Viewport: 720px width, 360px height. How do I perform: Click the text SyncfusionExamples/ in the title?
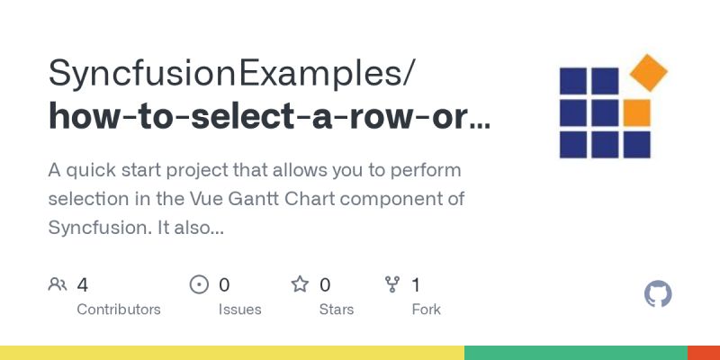pos(232,72)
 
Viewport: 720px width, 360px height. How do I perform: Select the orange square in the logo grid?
pos(636,112)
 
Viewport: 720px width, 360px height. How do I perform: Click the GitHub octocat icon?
pos(659,294)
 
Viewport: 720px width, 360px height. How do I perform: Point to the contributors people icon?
pos(58,285)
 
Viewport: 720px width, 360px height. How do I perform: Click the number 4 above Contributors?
pos(83,285)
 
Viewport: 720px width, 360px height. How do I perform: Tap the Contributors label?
pos(119,310)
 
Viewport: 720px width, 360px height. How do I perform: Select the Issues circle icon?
pos(199,285)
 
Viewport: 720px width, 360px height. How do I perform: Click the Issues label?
pos(239,310)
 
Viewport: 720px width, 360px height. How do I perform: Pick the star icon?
pos(300,285)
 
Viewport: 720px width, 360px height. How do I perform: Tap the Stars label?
pos(337,310)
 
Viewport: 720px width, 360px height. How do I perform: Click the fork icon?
pos(392,285)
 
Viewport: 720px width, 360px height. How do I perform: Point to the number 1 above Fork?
pos(416,285)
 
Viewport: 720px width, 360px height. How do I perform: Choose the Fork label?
pos(426,310)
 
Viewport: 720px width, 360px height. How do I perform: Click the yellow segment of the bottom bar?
pos(232,352)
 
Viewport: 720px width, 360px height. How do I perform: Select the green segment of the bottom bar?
pos(576,352)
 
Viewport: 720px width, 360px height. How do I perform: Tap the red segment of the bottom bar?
pos(704,352)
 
